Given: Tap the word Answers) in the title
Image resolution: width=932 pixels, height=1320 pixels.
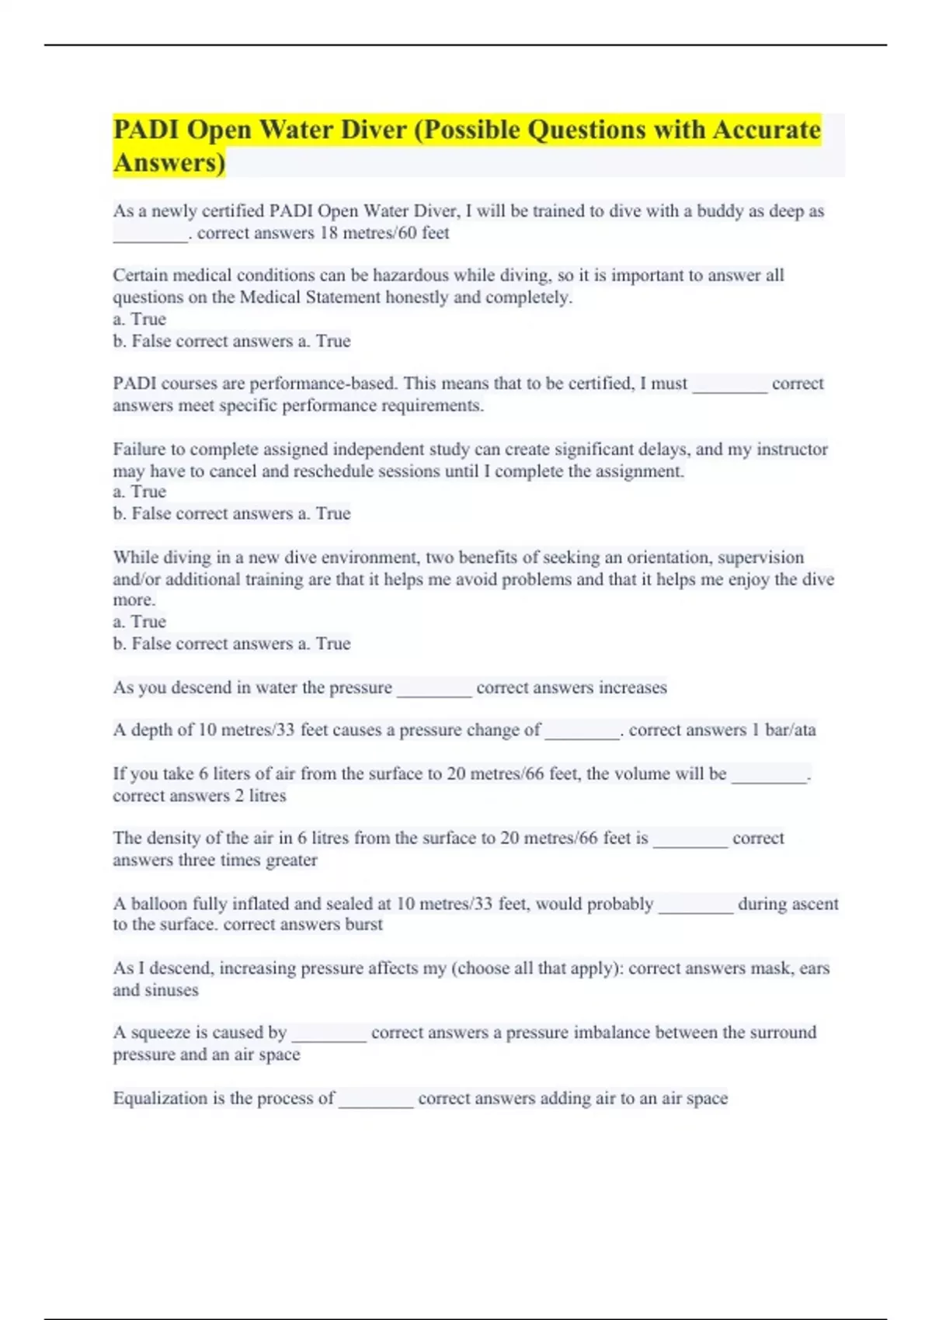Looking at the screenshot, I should (169, 162).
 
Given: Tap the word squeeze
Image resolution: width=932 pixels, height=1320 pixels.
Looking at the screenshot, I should (160, 1033).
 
